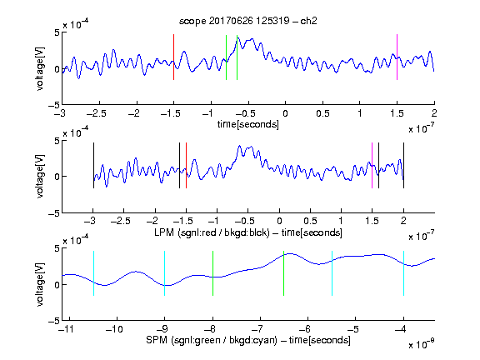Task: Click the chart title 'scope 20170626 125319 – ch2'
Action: pyautogui.click(x=248, y=21)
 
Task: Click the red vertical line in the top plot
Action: pyautogui.click(x=173, y=57)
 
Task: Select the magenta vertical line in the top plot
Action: pyautogui.click(x=397, y=57)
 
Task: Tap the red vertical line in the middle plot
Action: pyautogui.click(x=186, y=165)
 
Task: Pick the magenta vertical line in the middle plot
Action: pyautogui.click(x=372, y=165)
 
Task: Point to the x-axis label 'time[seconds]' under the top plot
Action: pyautogui.click(x=248, y=124)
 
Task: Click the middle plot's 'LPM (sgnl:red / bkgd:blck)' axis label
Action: pyautogui.click(x=212, y=232)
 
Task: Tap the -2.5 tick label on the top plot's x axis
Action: pyautogui.click(x=97, y=113)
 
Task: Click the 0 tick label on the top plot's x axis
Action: pyautogui.click(x=285, y=113)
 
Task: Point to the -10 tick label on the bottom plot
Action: pyautogui.click(x=114, y=329)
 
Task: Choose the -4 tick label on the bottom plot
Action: pyautogui.click(x=400, y=329)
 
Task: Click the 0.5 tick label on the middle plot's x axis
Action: pyautogui.click(x=310, y=221)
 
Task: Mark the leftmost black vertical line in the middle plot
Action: pyautogui.click(x=93, y=165)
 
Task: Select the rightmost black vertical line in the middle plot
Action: pyautogui.click(x=403, y=165)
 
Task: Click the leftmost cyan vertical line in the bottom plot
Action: pyautogui.click(x=93, y=273)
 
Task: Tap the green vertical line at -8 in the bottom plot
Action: pyautogui.click(x=212, y=273)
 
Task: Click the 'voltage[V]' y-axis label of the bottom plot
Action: pyautogui.click(x=40, y=284)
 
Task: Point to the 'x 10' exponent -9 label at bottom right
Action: pyautogui.click(x=421, y=344)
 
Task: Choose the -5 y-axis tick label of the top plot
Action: pyautogui.click(x=54, y=105)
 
